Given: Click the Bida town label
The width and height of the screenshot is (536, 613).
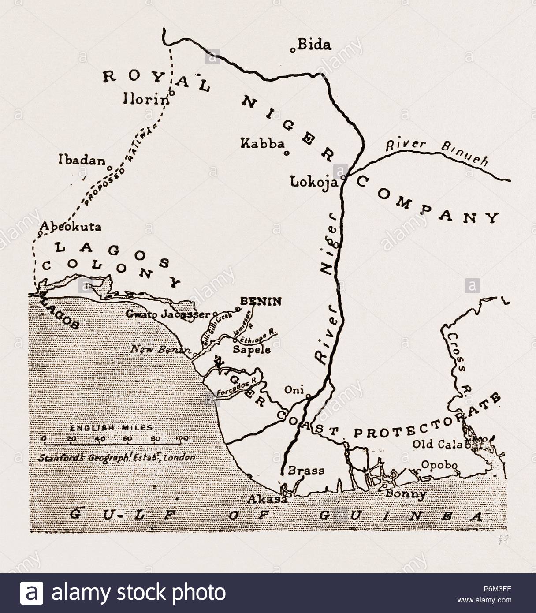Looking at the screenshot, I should tap(314, 45).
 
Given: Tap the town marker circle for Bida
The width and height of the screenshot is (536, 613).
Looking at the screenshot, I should tap(292, 50).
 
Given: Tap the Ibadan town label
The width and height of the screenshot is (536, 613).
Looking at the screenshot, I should tap(82, 161).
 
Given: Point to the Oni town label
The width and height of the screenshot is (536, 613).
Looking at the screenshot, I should tap(293, 390).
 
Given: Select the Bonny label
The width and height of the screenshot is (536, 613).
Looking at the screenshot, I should tap(406, 494).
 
